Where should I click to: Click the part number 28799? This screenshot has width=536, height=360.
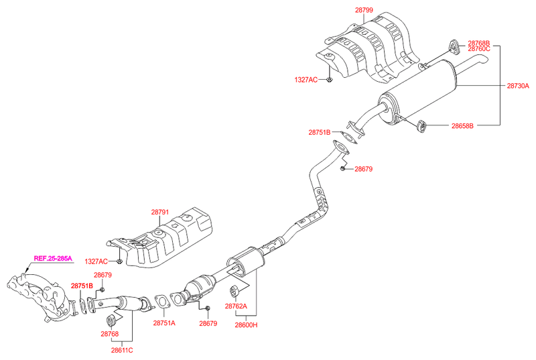[x=366, y=11]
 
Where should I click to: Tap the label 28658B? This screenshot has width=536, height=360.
[x=462, y=125]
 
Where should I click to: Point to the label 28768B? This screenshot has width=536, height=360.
[x=479, y=42]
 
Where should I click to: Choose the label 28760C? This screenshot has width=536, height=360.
[x=479, y=49]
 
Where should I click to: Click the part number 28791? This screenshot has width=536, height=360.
[x=161, y=213]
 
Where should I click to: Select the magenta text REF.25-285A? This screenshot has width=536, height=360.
[x=52, y=258]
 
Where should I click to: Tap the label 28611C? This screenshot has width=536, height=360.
[x=122, y=349]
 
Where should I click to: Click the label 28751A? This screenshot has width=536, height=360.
[x=163, y=323]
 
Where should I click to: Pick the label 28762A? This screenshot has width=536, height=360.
[x=237, y=306]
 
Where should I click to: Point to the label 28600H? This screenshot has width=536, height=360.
[x=246, y=325]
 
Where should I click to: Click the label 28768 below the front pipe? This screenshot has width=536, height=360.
[x=110, y=333]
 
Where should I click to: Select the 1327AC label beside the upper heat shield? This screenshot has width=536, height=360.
[x=306, y=79]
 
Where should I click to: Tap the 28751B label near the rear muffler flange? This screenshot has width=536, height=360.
[x=320, y=132]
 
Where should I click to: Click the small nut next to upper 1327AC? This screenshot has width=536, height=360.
[x=330, y=80]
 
